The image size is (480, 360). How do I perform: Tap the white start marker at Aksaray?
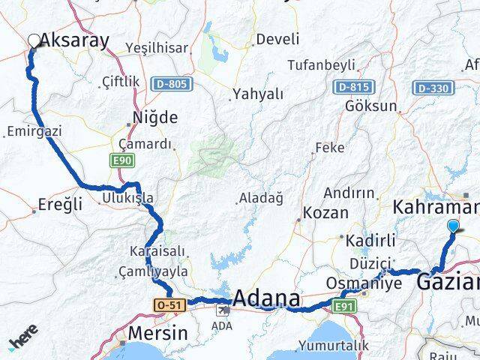click(34, 41)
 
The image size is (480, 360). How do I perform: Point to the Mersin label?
click(157, 333)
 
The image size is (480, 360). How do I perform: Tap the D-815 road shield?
click(352, 88)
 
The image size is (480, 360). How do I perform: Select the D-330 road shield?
click(433, 88)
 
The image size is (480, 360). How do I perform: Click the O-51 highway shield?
click(168, 305)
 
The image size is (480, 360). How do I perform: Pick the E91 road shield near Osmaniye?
click(344, 305)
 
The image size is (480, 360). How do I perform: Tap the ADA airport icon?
click(222, 309)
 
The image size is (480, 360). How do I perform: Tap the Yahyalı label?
click(258, 94)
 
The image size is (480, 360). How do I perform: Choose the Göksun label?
click(370, 106)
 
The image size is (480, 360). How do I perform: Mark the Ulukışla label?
click(127, 198)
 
